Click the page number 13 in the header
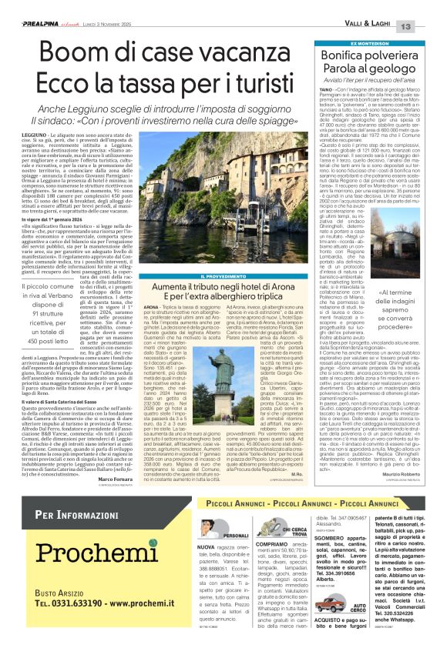pos(428,27)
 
